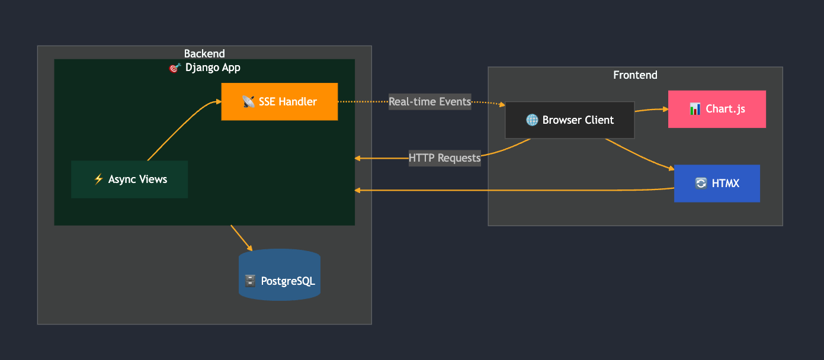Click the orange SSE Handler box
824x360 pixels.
click(279, 102)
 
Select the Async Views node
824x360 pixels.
click(129, 179)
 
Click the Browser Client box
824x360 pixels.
click(569, 120)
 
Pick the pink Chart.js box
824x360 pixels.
click(717, 109)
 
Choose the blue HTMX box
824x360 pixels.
click(717, 184)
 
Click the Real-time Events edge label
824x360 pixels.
click(429, 102)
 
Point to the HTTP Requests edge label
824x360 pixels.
click(444, 158)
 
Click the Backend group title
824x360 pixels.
click(204, 54)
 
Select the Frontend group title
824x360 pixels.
click(635, 75)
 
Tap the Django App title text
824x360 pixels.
click(213, 67)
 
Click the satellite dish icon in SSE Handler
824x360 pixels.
click(249, 102)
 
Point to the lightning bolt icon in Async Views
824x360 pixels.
click(99, 179)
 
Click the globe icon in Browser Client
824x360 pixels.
click(532, 120)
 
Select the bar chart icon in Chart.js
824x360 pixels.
click(695, 109)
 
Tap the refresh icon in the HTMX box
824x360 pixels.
click(701, 184)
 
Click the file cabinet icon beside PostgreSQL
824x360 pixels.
click(251, 281)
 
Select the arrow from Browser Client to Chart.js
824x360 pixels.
click(650, 110)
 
